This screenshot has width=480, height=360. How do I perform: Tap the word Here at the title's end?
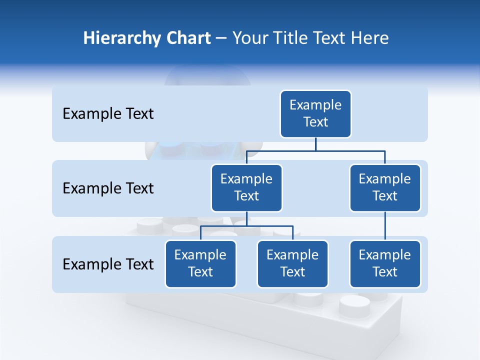[x=370, y=38]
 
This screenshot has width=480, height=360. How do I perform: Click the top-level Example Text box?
[x=315, y=114]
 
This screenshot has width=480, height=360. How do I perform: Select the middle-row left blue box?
[x=246, y=188]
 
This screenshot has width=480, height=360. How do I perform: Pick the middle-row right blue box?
[x=385, y=188]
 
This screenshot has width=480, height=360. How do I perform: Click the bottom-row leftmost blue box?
[x=200, y=264]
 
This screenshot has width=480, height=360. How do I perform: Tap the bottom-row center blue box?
[x=292, y=264]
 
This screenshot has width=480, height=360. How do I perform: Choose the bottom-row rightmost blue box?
[x=385, y=264]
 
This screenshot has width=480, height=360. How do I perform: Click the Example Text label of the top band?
[x=108, y=114]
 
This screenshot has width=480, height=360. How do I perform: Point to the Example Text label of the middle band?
[x=108, y=188]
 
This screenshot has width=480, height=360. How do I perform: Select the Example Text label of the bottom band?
[x=108, y=264]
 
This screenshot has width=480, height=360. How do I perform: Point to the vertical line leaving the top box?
[x=315, y=144]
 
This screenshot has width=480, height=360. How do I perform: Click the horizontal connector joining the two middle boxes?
[x=315, y=150]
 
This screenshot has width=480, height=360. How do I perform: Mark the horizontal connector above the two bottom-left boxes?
[x=246, y=226]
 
